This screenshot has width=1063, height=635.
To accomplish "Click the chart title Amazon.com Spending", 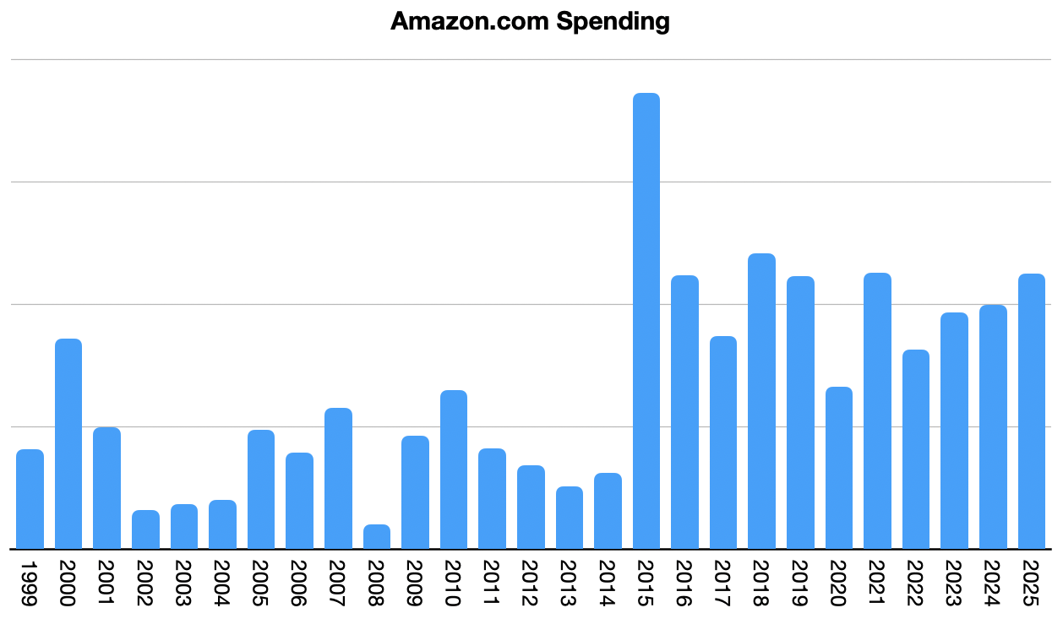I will [530, 22].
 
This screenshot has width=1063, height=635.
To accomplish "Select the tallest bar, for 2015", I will [646, 321].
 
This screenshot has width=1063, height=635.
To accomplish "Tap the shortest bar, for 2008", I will [377, 537].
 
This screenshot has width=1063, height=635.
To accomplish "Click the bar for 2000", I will [68, 443].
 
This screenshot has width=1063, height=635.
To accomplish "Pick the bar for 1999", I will [30, 498].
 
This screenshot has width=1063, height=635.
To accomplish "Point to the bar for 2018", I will [762, 401].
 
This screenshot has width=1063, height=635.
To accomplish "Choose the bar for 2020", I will [839, 467].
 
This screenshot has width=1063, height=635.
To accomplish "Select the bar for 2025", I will [1032, 411].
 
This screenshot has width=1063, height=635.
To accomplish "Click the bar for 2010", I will [454, 469].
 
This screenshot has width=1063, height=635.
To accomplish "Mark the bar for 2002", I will [145, 529].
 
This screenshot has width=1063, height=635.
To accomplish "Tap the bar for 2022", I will [916, 448].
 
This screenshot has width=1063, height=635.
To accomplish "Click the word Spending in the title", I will [613, 22].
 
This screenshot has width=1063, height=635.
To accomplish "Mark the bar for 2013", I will [570, 518].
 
